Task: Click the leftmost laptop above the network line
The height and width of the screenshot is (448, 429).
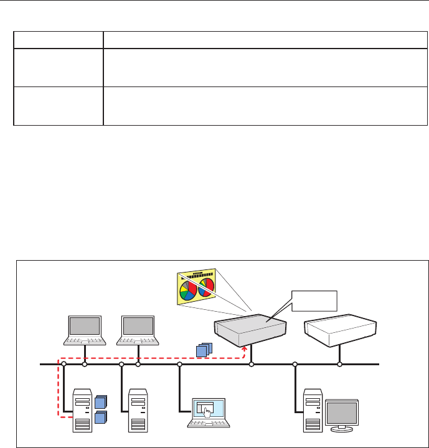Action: point(85,330)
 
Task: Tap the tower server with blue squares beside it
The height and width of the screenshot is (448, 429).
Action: point(83,410)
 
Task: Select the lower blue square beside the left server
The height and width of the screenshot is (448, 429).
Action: point(100,418)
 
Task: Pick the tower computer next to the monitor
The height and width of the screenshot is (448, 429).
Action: point(312,410)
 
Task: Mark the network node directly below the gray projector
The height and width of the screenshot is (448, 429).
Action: point(252,364)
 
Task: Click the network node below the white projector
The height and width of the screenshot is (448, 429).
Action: point(339,364)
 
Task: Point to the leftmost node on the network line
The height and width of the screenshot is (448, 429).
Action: point(64,364)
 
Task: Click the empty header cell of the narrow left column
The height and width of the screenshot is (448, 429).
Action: point(58,40)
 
